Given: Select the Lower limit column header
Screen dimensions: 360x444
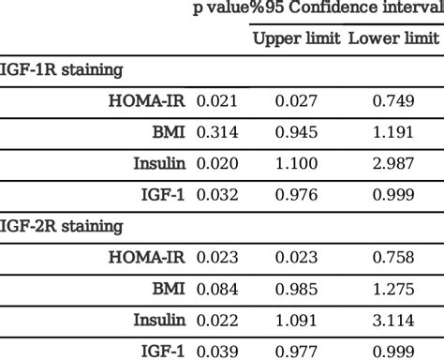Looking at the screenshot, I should pyautogui.click(x=392, y=39).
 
